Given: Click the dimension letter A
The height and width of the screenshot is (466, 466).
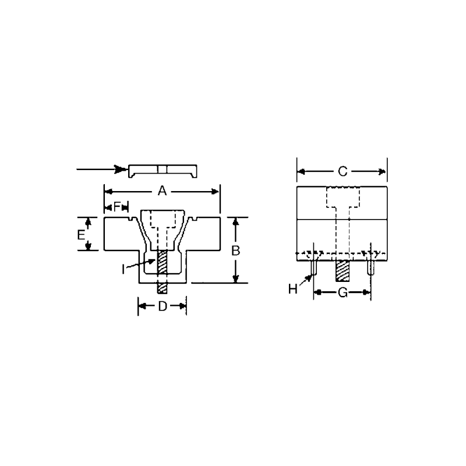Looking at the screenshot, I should tap(163, 191).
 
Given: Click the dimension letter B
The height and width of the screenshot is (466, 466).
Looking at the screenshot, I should tap(236, 250).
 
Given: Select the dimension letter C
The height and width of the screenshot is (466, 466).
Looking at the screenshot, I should tap(343, 171).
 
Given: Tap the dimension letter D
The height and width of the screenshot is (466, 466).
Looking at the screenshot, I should tap(163, 306).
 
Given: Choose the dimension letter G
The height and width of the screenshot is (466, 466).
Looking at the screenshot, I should tap(343, 292).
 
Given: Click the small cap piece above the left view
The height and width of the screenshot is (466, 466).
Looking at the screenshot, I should tap(163, 170).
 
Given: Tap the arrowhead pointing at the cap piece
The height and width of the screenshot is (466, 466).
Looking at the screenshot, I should tap(121, 170).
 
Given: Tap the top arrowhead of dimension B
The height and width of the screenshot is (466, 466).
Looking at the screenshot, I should tap(236, 221).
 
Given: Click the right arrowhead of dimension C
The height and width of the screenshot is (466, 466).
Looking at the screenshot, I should tap(383, 171).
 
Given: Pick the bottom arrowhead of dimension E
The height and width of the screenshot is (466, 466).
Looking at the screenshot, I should tap(88, 247).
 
